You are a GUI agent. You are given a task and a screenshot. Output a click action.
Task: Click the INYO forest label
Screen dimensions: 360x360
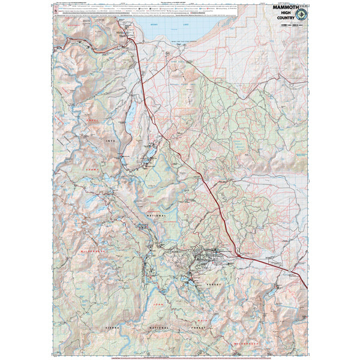109,142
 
